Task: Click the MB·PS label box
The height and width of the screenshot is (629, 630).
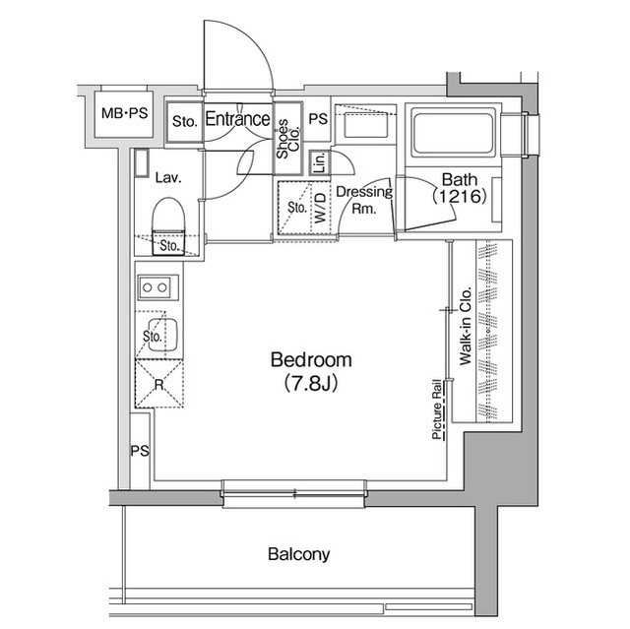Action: point(124,114)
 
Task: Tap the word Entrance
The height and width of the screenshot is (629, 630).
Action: point(237,120)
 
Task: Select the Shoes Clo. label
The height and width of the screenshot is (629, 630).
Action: point(283,137)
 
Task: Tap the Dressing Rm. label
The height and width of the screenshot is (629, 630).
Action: point(364,200)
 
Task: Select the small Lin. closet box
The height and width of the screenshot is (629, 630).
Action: point(320,163)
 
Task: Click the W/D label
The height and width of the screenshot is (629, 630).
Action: point(321,210)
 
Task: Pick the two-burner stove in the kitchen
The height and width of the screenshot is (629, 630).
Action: point(156,287)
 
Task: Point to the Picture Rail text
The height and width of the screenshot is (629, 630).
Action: point(434,413)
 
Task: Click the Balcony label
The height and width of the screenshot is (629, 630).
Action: point(299,554)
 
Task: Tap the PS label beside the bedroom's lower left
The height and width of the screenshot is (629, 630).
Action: point(139,451)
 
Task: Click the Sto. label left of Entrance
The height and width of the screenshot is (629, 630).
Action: point(184,122)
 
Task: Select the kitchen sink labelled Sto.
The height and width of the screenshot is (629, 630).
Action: point(155,335)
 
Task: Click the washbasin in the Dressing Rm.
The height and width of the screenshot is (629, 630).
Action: point(364,129)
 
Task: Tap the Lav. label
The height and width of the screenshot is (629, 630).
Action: point(166,178)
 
